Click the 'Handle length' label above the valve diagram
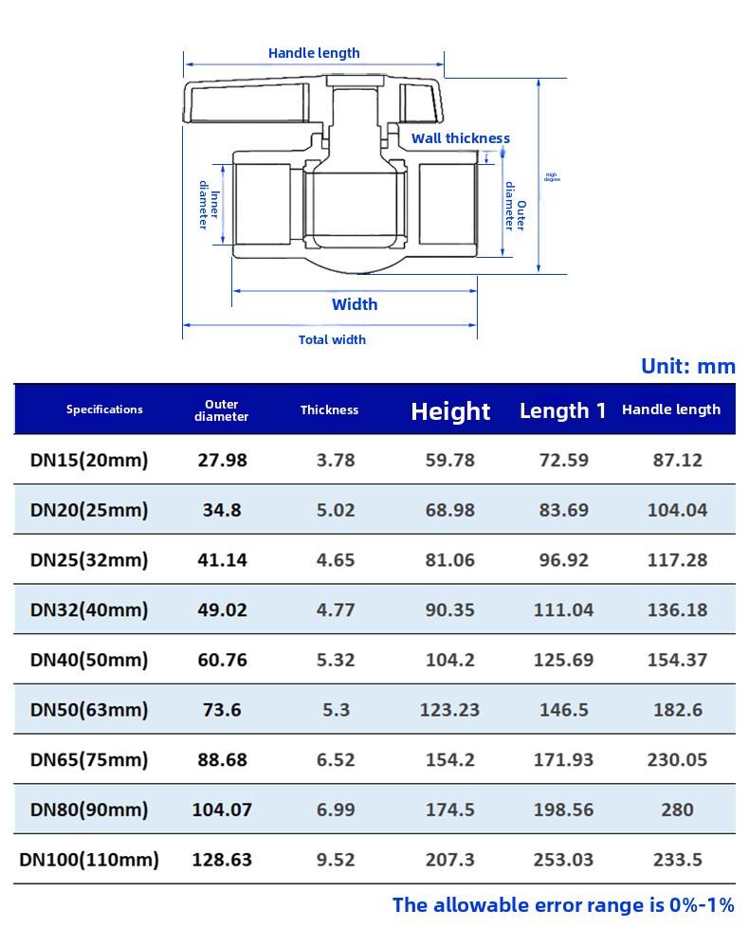click(x=314, y=53)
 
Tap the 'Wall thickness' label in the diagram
click(x=460, y=138)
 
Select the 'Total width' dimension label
click(x=332, y=339)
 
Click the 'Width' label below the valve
click(x=355, y=304)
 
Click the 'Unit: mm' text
click(x=687, y=366)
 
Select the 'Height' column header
click(x=450, y=410)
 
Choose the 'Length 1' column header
click(x=562, y=410)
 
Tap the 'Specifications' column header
click(x=104, y=409)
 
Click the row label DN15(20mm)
click(x=89, y=461)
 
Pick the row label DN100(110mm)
click(x=89, y=860)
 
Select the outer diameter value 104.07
click(x=223, y=810)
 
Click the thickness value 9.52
click(x=336, y=860)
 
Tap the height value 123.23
click(x=450, y=709)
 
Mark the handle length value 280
click(x=677, y=810)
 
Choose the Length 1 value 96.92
click(x=563, y=560)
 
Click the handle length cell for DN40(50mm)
click(x=677, y=660)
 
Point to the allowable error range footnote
click(x=563, y=904)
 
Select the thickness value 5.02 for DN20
click(x=336, y=510)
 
